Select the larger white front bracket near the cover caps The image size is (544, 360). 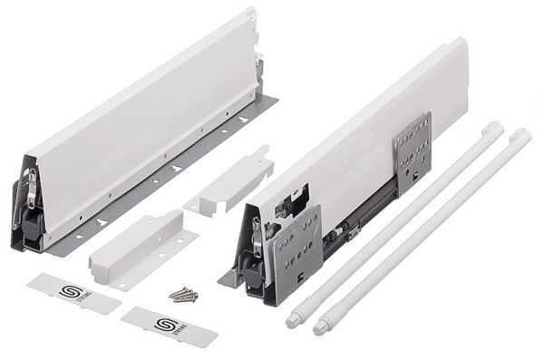tap(141, 245)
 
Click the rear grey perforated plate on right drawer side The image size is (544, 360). tap(413, 145)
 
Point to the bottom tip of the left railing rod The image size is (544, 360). tap(292, 319)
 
